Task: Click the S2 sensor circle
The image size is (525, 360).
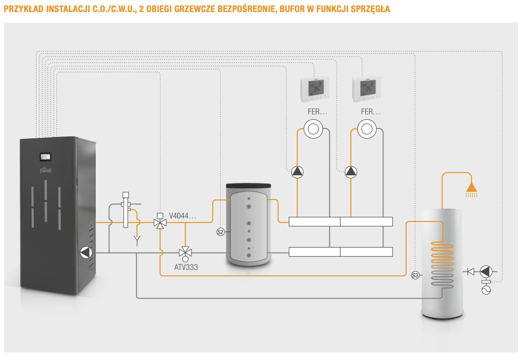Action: point(220,232)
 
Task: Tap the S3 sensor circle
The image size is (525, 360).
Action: point(415,275)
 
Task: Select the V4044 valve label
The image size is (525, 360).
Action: point(182,217)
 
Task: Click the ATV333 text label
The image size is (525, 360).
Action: point(185,267)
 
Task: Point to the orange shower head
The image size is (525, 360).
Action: point(472,188)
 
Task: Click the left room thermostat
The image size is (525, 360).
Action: point(315,89)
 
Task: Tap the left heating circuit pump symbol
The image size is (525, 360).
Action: point(297,172)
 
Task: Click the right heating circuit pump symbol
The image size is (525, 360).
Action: point(351,172)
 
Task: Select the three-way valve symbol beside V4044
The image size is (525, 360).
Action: point(160,222)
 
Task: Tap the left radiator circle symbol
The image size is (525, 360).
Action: point(313,129)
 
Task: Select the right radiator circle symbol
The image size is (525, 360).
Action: point(366,129)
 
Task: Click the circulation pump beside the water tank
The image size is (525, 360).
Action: point(486,272)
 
